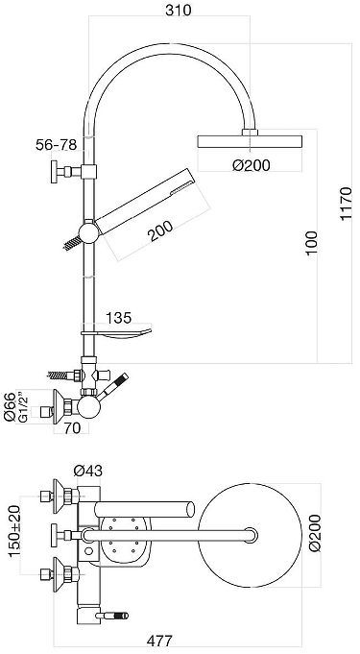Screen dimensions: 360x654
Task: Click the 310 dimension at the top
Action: [x=179, y=10]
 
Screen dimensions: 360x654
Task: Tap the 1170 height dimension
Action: [x=346, y=204]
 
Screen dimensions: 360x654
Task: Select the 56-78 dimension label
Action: [x=56, y=145]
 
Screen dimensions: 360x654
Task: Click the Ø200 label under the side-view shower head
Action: [x=252, y=165]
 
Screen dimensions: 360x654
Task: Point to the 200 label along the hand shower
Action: [x=161, y=231]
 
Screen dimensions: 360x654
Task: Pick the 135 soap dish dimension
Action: [x=118, y=318]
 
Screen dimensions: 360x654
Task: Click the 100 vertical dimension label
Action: [x=312, y=244]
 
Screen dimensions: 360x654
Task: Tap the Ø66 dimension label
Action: [x=10, y=407]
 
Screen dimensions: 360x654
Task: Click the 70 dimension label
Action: [x=73, y=428]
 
